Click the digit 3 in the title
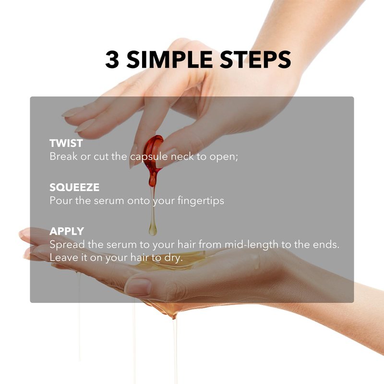coord(112,59)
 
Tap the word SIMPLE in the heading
coord(169,59)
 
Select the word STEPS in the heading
coord(255,59)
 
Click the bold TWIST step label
coord(66,143)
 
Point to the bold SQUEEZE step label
coord(74,187)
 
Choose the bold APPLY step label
coord(67,231)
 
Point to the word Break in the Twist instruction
coord(63,156)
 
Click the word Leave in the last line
coord(62,258)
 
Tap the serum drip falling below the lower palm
coord(175,348)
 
